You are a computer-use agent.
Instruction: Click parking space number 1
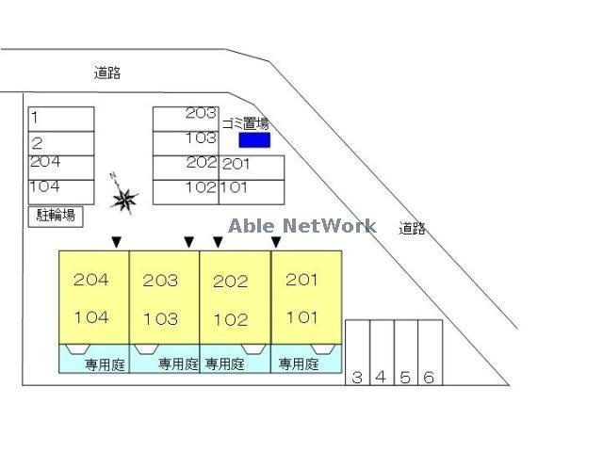(x=61, y=120)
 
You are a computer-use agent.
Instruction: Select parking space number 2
(x=61, y=144)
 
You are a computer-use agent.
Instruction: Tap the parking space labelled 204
(x=61, y=168)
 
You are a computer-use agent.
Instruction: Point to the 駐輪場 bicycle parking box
(x=56, y=217)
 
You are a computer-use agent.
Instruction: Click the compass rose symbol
(x=123, y=194)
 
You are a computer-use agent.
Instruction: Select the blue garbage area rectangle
(x=254, y=140)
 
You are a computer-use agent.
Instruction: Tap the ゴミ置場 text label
(x=246, y=123)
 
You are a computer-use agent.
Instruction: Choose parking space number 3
(x=358, y=352)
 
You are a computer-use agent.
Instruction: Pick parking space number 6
(x=431, y=352)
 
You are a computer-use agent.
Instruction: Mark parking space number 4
(x=382, y=352)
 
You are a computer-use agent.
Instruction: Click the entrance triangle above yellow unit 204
(x=117, y=242)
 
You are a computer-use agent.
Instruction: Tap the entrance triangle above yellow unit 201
(x=276, y=242)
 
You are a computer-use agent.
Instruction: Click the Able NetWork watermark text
(x=302, y=226)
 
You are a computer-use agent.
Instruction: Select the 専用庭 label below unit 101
(x=299, y=363)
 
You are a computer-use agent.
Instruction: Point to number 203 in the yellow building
(x=160, y=281)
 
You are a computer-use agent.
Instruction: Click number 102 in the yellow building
(x=231, y=319)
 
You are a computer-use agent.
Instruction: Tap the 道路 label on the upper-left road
(x=107, y=73)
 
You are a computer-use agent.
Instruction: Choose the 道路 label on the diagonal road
(x=413, y=228)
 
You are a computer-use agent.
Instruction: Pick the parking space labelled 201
(x=252, y=168)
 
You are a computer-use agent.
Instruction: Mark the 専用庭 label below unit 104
(x=105, y=364)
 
